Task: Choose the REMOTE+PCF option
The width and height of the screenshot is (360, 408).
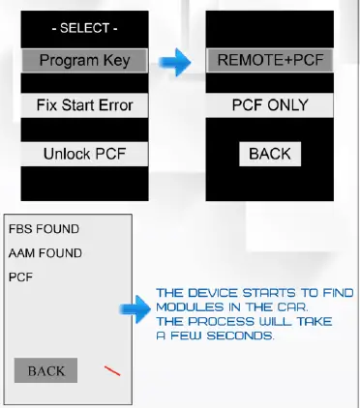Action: pos(271,60)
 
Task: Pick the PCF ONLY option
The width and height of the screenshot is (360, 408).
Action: pos(271,104)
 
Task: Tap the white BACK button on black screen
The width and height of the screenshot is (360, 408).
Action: pos(270,153)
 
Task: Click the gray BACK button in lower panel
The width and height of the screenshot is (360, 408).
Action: pos(45,370)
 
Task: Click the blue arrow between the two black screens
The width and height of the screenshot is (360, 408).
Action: pos(175,65)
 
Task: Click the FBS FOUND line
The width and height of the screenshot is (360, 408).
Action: pos(44,229)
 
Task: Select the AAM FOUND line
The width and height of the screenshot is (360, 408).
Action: pos(45,252)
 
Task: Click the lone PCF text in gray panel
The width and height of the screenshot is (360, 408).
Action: pos(20,277)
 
